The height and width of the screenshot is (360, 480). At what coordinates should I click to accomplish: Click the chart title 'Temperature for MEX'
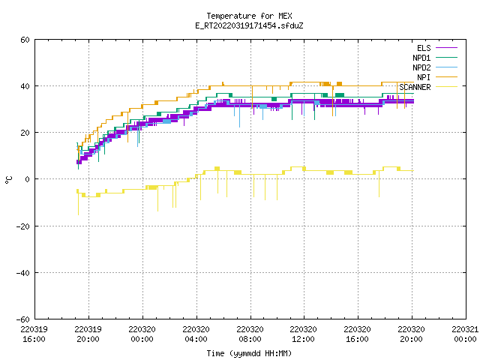tap(249, 16)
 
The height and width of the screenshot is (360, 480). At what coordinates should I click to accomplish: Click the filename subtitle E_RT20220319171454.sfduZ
tap(249, 25)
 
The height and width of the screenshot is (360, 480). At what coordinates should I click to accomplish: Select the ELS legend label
tap(424, 48)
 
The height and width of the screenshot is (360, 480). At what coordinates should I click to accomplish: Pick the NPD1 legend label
tap(421, 58)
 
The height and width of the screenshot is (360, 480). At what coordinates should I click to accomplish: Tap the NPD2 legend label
tap(421, 67)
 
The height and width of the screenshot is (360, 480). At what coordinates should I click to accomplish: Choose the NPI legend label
tap(424, 77)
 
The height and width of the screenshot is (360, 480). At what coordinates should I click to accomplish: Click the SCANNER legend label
tap(415, 87)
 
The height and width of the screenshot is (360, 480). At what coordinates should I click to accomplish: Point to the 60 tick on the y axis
tap(25, 40)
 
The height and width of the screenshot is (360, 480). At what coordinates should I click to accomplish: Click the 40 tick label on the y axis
tap(25, 86)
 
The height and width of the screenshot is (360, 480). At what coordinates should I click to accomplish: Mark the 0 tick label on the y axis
tap(28, 179)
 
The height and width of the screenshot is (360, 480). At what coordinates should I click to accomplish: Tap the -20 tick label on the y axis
tap(23, 226)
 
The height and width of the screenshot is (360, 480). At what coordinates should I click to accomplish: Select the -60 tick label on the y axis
tap(23, 319)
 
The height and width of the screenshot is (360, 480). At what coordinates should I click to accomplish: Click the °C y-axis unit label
tap(8, 180)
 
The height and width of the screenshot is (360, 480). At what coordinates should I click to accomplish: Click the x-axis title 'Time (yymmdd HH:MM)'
tap(249, 353)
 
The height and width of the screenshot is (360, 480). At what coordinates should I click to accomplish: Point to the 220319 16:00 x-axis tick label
tap(34, 334)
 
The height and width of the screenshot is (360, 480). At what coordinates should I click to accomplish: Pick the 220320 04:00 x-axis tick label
tap(196, 334)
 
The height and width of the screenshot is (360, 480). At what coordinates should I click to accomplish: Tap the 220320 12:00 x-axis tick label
tap(303, 334)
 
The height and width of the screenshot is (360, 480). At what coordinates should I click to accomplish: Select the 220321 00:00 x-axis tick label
tap(465, 334)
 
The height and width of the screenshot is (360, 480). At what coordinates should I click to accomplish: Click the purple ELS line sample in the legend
tap(446, 48)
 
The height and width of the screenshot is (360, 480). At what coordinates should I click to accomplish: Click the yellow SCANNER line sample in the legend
tap(446, 87)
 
